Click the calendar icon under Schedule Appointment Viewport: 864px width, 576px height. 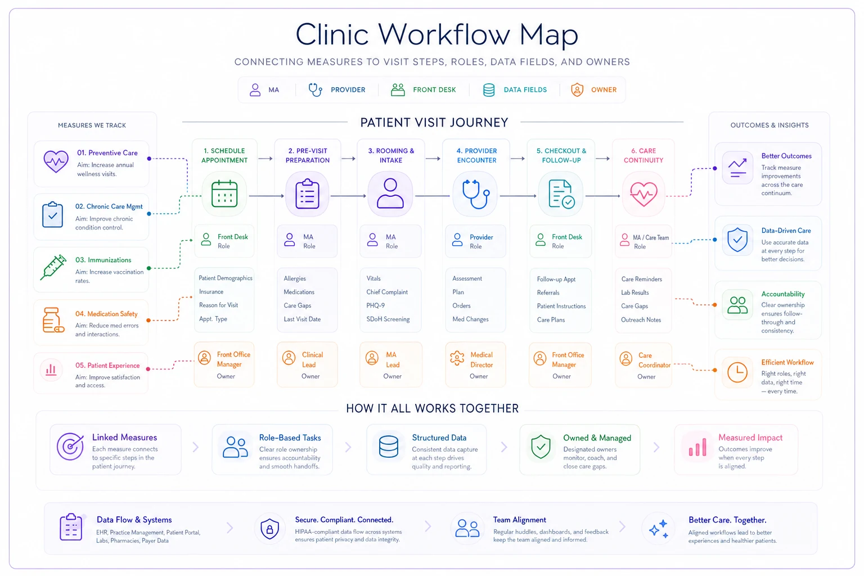coord(224,193)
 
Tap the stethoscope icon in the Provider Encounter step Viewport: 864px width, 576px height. coord(476,194)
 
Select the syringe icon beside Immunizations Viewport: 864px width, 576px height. coord(53,267)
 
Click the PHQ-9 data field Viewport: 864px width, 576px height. coord(375,305)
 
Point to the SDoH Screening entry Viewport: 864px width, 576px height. coord(388,319)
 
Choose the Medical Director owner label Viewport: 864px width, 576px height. coord(481,359)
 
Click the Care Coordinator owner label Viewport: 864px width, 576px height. coord(654,360)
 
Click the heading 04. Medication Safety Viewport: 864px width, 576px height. coord(106,314)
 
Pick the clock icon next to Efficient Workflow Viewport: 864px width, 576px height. coord(737,372)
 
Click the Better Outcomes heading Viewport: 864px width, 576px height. coord(786,156)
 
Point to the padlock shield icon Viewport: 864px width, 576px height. coord(269,528)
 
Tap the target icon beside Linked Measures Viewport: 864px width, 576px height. coord(70,447)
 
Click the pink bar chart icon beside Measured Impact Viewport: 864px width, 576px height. coord(697,447)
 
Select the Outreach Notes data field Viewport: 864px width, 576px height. coord(641,319)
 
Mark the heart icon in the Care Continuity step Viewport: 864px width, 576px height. coord(643,194)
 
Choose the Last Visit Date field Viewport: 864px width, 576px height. coord(302,319)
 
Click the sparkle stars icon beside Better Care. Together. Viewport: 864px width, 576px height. coord(659,529)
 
